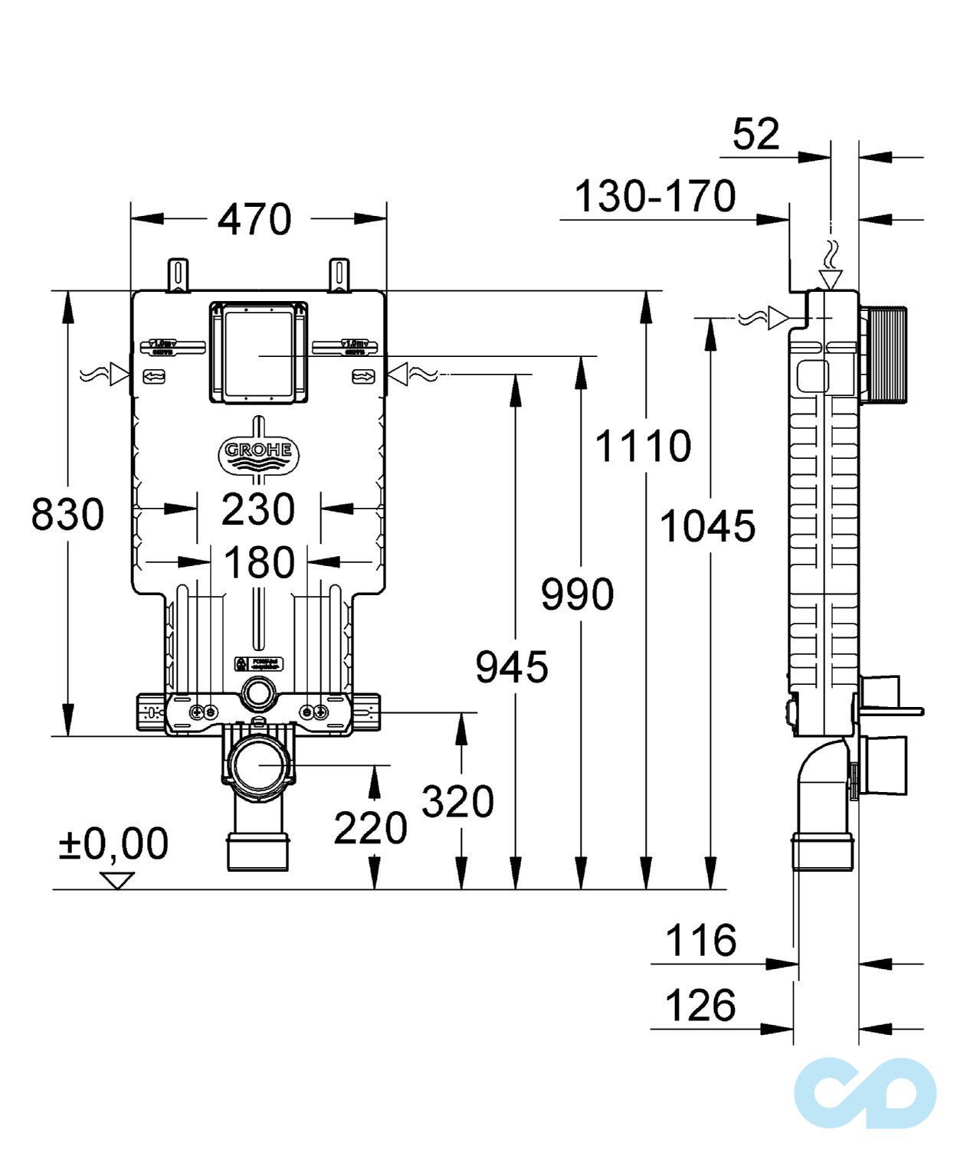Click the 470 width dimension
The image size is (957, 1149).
[x=255, y=220]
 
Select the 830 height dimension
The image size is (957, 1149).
[x=67, y=513]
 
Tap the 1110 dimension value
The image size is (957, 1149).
[x=643, y=447]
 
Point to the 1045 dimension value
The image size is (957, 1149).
[x=707, y=526]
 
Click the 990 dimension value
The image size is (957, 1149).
[x=577, y=594]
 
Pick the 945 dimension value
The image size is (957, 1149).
[x=512, y=666]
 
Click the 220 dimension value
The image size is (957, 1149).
[x=370, y=828]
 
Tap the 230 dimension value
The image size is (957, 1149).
[x=258, y=509]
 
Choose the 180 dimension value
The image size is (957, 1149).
[x=259, y=563]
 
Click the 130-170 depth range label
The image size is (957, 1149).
[x=654, y=197]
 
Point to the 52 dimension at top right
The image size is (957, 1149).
[x=755, y=135]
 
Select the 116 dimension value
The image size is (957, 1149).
[x=700, y=940]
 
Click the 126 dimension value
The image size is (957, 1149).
[x=700, y=1006]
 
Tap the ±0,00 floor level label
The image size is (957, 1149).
[x=114, y=843]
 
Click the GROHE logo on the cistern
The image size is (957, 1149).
[x=258, y=453]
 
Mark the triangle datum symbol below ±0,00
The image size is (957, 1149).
[x=117, y=880]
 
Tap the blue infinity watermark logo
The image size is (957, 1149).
[x=865, y=1093]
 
